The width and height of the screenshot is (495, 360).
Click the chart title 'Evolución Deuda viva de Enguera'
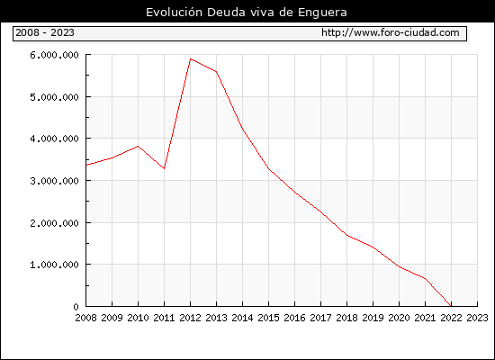click(x=247, y=13)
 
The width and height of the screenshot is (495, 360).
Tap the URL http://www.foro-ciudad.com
click(x=391, y=32)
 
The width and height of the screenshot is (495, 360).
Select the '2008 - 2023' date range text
click(x=45, y=32)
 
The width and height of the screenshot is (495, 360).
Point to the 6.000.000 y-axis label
click(x=54, y=55)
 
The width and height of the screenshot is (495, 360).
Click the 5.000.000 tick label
click(x=54, y=97)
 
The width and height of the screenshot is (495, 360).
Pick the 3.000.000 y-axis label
click(x=54, y=181)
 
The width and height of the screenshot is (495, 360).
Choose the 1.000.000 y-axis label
click(x=54, y=265)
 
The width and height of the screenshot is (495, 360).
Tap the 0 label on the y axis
click(x=76, y=307)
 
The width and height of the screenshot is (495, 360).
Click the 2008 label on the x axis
click(x=85, y=318)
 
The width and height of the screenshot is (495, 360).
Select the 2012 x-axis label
click(x=191, y=318)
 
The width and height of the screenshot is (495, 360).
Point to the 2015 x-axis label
click(x=269, y=318)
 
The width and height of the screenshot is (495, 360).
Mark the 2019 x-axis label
click(x=373, y=318)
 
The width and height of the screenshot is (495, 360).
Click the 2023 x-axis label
click(x=477, y=318)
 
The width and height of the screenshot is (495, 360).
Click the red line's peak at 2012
click(x=191, y=58)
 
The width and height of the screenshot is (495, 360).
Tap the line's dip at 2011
click(x=164, y=168)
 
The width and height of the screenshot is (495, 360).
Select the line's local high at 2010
click(x=138, y=146)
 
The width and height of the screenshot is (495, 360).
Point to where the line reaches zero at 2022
click(x=451, y=306)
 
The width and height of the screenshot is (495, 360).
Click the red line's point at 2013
click(x=217, y=72)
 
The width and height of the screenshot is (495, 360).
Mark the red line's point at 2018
click(x=346, y=235)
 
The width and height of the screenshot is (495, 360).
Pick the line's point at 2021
click(x=425, y=278)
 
